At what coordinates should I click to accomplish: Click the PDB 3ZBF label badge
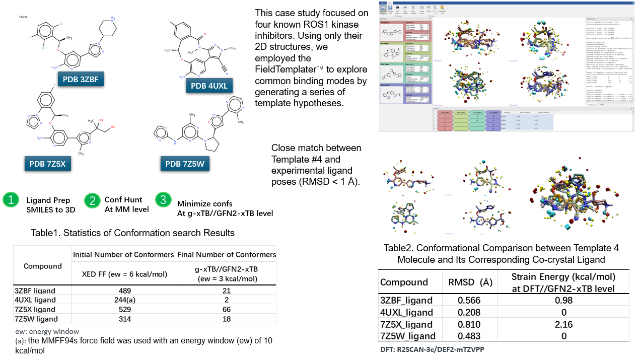pyautogui.click(x=84, y=80)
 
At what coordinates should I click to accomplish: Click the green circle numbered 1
pyautogui.click(x=11, y=200)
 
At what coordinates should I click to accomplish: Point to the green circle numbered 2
pyautogui.click(x=92, y=200)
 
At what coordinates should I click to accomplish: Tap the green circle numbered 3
pyautogui.click(x=163, y=200)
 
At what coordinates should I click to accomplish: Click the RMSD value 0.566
pyautogui.click(x=468, y=300)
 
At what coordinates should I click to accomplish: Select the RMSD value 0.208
pyautogui.click(x=468, y=312)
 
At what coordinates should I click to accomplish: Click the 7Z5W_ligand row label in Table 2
pyautogui.click(x=406, y=336)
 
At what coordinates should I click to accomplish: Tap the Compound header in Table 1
pyautogui.click(x=43, y=266)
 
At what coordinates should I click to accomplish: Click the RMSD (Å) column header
pyautogui.click(x=468, y=282)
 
